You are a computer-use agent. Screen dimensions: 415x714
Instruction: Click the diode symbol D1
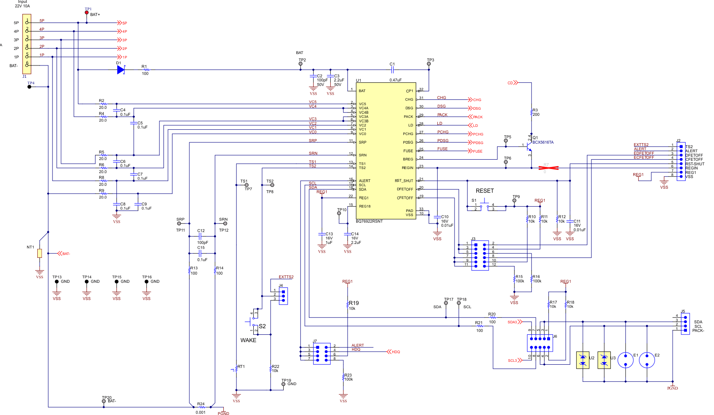coord(121,70)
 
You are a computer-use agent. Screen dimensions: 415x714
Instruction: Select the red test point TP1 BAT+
coord(86,13)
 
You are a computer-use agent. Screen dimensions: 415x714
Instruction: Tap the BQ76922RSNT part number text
coord(369,221)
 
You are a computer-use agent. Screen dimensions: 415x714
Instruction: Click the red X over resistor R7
coord(548,168)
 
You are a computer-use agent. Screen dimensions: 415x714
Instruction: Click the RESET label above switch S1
coord(484,191)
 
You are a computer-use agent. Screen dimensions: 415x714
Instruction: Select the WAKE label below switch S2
coord(248,340)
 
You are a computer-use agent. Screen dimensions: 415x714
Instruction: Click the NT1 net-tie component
coord(39,253)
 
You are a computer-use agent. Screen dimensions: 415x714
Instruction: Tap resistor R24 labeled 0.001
coord(201,407)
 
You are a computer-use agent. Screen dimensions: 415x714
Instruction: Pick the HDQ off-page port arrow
coord(390,352)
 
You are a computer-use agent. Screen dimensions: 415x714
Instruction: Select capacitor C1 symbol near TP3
coord(392,70)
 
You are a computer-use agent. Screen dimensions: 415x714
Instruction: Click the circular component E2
coord(647,360)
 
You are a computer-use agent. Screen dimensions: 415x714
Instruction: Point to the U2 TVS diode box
coord(582,360)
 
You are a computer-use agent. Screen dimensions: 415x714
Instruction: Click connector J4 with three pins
coord(283,295)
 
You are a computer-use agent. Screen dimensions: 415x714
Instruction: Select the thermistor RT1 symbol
coord(236,369)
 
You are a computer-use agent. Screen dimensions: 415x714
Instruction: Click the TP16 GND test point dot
coord(146,282)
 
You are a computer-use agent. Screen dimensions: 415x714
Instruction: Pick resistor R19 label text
coord(354,303)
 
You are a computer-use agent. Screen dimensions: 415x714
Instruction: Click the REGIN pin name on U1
coord(407,168)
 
